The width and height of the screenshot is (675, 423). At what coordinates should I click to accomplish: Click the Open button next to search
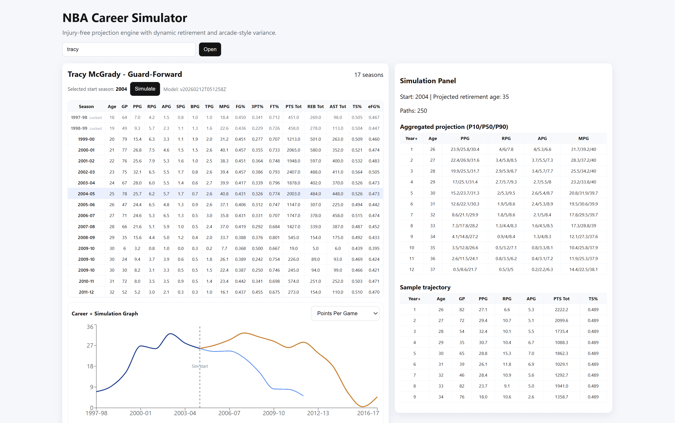tap(210, 49)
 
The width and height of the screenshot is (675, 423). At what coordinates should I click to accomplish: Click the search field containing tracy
tap(129, 49)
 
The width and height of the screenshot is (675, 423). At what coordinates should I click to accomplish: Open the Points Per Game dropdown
tap(345, 313)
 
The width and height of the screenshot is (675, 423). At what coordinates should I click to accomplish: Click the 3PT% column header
tap(257, 107)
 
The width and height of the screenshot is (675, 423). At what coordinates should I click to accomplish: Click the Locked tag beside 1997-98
tap(95, 118)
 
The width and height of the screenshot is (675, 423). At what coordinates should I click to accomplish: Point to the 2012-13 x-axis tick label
tap(318, 413)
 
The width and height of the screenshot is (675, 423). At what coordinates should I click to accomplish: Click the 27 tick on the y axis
tap(90, 345)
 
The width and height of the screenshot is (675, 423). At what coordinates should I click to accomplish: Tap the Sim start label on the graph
tap(200, 366)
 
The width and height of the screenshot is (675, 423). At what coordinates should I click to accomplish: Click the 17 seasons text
tap(369, 75)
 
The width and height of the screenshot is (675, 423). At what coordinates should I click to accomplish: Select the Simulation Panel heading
tap(427, 81)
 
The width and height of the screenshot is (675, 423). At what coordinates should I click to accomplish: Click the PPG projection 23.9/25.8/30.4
tap(465, 149)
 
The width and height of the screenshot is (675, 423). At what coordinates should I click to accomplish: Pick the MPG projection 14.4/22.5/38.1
tap(583, 269)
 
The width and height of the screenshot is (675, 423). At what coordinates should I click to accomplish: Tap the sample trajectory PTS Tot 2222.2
tap(561, 310)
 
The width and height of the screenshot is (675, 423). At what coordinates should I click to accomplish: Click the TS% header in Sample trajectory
tap(593, 299)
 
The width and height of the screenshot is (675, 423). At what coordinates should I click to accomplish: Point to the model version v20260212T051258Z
tap(195, 89)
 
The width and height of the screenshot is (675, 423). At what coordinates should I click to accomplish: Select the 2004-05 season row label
tap(86, 194)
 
